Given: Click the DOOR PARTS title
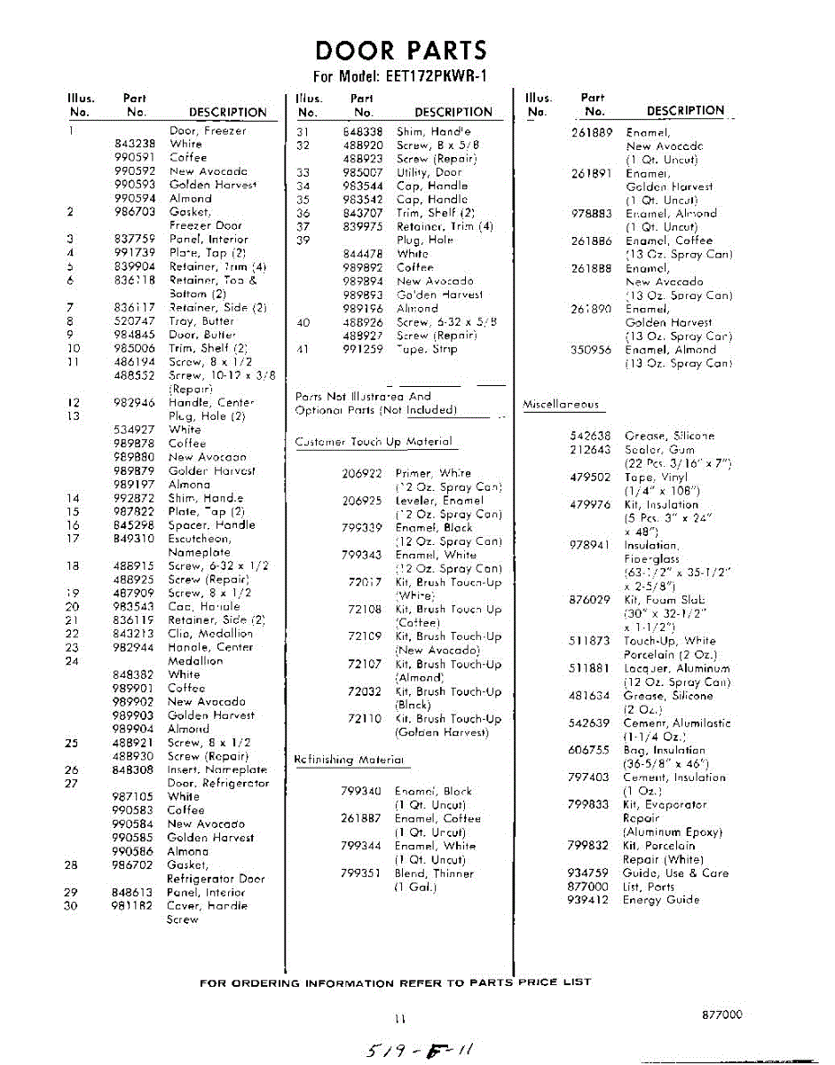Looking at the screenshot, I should point(401,51).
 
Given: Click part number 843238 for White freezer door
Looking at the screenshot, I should point(135,144).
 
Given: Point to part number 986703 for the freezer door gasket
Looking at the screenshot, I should point(135,212).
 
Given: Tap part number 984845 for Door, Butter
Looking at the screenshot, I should point(135,335).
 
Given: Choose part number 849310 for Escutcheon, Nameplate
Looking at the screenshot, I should point(135,539).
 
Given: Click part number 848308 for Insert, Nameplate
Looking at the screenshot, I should point(134,770).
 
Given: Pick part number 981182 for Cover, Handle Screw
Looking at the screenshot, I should point(134,906).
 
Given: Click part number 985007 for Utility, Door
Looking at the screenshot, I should point(362,172).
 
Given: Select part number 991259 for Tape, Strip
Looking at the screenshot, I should point(362,349).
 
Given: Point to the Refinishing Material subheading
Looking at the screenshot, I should point(350,761).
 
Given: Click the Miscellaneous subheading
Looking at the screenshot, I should point(561,405).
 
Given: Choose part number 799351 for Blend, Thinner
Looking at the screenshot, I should point(361,873).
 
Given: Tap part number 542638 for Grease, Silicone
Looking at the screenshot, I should point(589,436).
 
